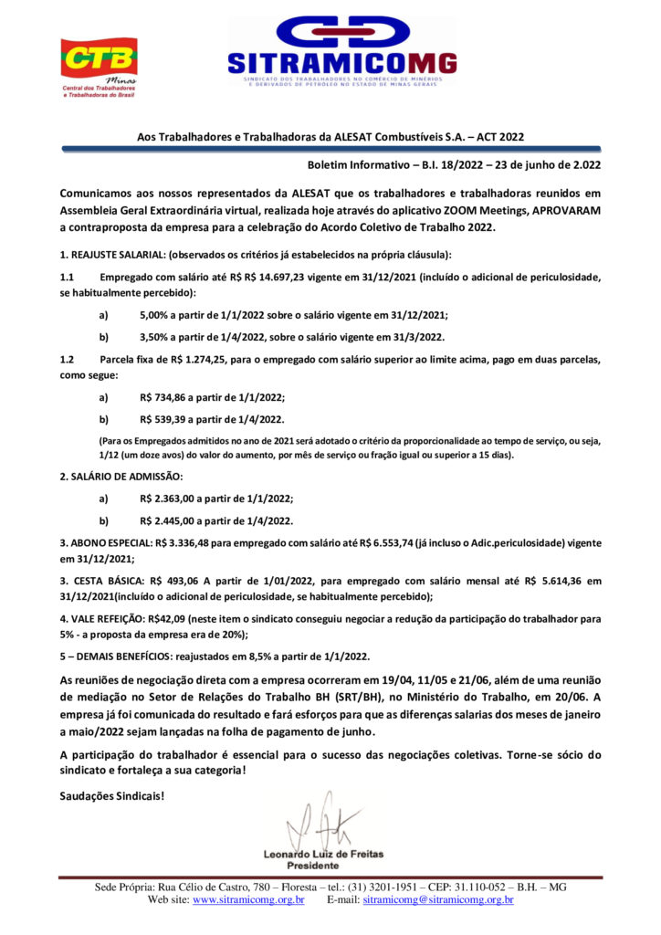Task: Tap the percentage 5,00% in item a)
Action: (158, 314)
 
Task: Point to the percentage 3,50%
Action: (158, 337)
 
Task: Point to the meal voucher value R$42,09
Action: (172, 618)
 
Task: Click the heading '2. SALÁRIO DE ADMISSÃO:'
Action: (121, 477)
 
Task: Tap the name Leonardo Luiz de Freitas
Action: (323, 855)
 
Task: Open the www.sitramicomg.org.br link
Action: (248, 900)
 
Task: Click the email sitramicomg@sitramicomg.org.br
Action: (438, 900)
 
